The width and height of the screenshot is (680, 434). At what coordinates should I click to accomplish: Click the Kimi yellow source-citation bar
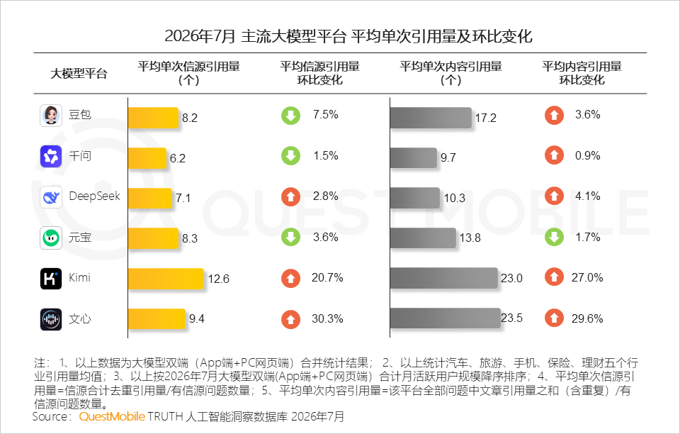166,279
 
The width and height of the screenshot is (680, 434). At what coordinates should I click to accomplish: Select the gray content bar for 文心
446,318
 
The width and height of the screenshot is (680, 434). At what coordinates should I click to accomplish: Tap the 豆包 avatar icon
51,116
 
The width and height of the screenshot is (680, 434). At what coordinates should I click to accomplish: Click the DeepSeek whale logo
51,197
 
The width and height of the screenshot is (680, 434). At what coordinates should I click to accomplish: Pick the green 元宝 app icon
51,238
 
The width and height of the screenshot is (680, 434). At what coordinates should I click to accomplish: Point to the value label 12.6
219,279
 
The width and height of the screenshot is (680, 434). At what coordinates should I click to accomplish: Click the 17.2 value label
486,118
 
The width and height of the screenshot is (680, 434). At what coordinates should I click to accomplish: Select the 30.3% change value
327,318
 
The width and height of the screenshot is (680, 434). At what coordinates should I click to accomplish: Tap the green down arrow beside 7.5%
290,115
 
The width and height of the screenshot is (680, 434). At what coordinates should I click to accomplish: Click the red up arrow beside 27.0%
554,277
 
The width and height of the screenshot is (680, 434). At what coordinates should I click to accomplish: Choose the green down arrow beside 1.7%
554,237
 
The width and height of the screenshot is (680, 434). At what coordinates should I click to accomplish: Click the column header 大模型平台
79,73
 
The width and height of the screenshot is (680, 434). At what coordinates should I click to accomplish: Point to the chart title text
348,36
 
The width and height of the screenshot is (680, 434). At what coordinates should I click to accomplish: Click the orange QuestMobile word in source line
112,417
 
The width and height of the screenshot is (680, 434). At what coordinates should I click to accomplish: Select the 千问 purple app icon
51,156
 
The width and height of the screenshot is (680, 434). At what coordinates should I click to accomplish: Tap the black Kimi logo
51,279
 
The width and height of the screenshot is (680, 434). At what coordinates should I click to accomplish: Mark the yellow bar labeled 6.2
147,158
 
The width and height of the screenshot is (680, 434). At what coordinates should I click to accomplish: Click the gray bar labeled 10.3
415,197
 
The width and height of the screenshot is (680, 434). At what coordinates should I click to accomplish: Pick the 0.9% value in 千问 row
588,155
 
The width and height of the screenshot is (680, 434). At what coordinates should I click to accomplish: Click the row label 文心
80,319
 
